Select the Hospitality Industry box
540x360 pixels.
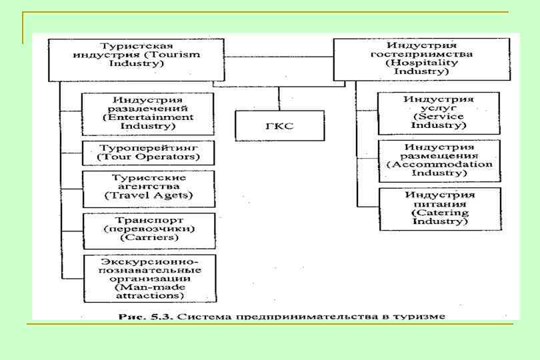pyautogui.click(x=421, y=59)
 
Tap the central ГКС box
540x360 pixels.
pyautogui.click(x=279, y=125)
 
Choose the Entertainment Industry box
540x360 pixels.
pyautogui.click(x=148, y=113)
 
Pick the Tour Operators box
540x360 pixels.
pyautogui.click(x=148, y=152)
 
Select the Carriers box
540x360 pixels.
pyautogui.click(x=148, y=230)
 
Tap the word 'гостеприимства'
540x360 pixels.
pyautogui.click(x=421, y=54)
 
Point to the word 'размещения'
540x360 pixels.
pyautogui.click(x=439, y=155)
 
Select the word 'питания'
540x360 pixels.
pyautogui.click(x=439, y=203)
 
